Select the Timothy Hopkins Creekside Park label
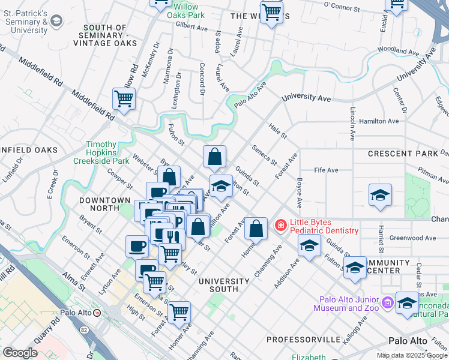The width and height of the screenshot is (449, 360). [107, 153]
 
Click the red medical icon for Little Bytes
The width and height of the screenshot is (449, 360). [280, 226]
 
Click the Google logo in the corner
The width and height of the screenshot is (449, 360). [20, 353]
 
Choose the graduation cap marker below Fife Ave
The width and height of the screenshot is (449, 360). [379, 196]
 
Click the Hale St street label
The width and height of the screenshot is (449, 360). [278, 129]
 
